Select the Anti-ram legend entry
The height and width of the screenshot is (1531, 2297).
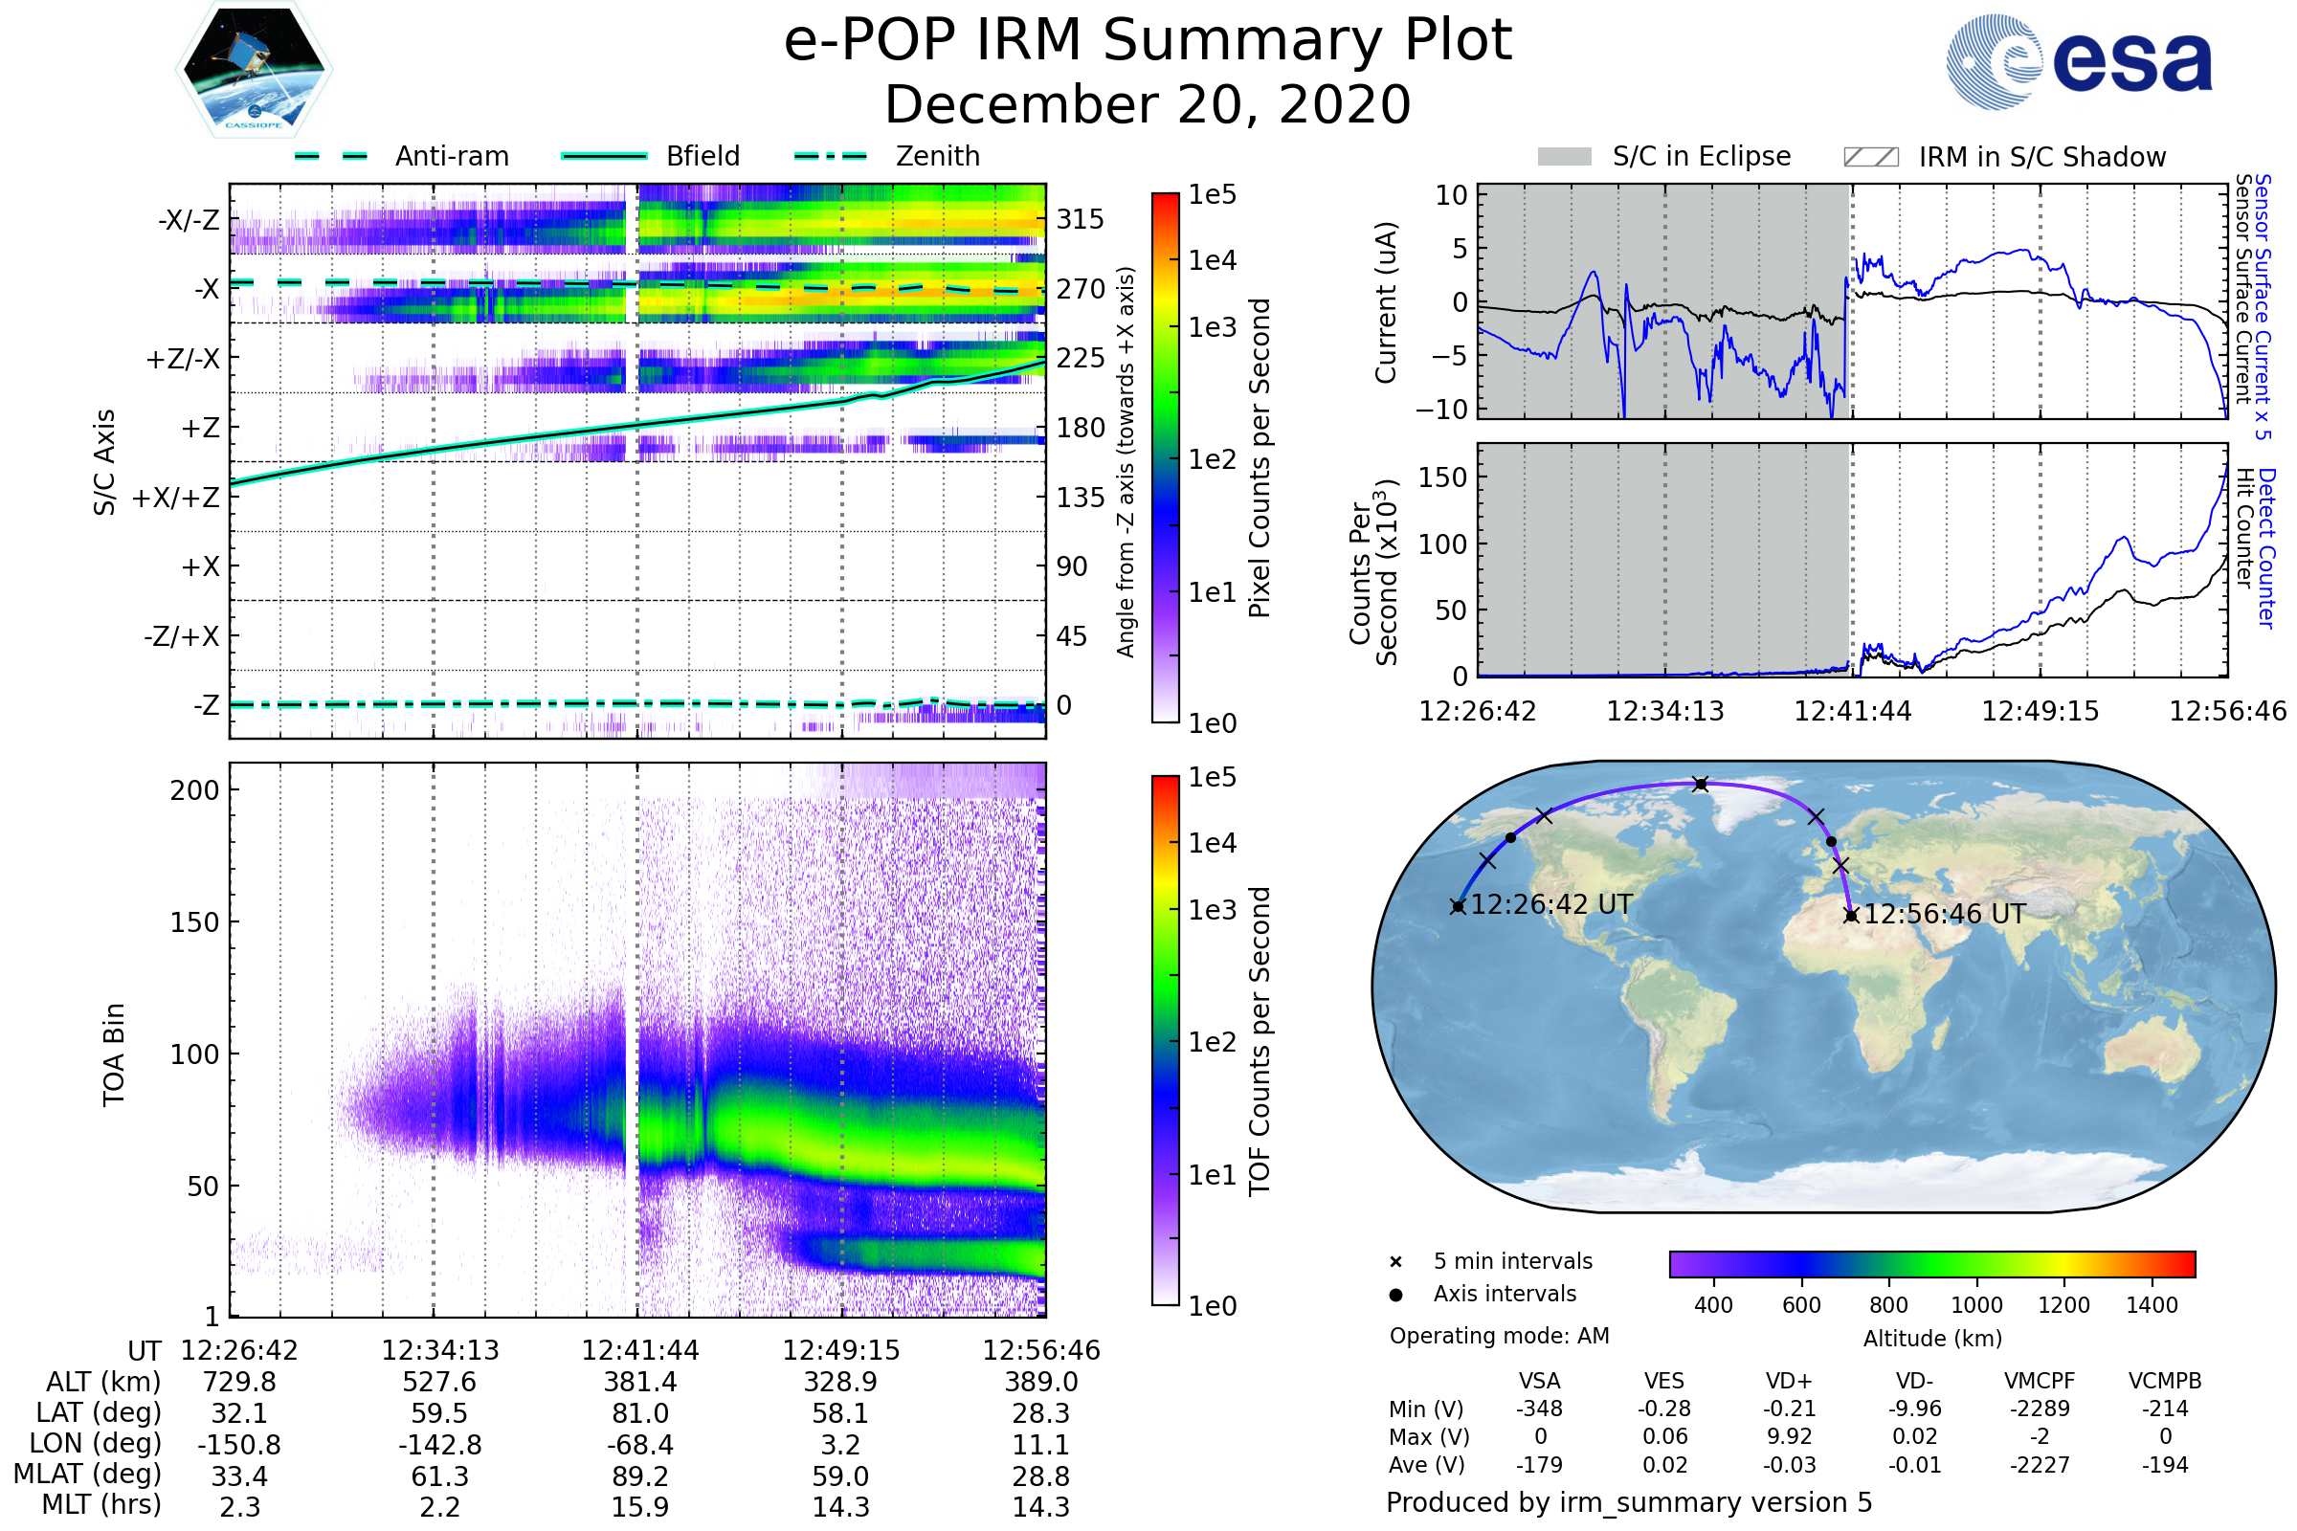451,156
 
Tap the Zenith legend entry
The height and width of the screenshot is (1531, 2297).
937,156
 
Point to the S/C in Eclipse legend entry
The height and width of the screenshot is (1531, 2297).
1701,156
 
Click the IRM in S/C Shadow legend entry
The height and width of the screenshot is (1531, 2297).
2041,157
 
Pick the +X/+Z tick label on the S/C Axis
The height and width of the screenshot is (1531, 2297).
176,498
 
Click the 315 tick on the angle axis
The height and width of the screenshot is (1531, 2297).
1080,219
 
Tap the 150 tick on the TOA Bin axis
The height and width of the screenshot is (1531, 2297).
194,921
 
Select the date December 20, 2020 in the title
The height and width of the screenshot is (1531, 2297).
1148,104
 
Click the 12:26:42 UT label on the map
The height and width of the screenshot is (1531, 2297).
1550,904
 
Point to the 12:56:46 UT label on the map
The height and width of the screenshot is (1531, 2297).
1944,914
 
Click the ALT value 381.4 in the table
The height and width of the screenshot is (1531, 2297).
639,1382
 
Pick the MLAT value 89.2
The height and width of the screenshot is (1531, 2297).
639,1476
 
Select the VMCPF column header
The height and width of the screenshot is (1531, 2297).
2040,1381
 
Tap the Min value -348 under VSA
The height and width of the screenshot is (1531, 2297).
1539,1409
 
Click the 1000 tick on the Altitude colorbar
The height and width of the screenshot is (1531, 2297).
1976,1305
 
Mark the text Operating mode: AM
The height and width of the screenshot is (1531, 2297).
1499,1336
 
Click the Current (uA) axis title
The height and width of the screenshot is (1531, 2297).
1386,302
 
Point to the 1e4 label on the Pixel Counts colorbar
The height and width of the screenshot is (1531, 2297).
1212,260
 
